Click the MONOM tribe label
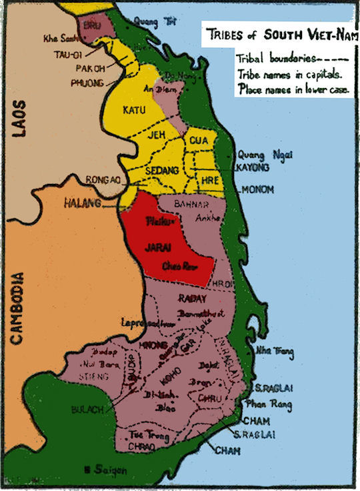click(x=257, y=189)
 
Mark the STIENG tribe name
click(x=93, y=376)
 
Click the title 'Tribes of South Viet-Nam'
click(x=279, y=34)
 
